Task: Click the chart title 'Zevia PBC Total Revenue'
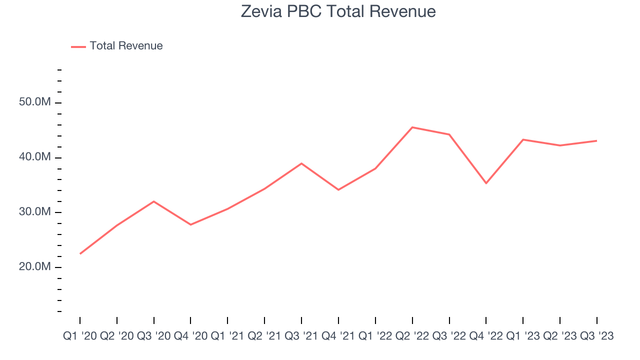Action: [338, 11]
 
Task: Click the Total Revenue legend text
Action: [126, 46]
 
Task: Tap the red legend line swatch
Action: [78, 46]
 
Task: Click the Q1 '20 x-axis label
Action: [80, 336]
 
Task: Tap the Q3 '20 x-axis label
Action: [154, 336]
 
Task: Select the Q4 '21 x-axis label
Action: [338, 336]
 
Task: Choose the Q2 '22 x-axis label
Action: [412, 336]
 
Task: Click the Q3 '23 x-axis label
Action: [596, 336]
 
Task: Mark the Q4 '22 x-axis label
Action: [486, 336]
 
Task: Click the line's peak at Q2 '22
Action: [412, 127]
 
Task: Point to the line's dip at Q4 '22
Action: [486, 183]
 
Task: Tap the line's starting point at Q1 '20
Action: [80, 253]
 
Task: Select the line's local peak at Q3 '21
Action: [301, 163]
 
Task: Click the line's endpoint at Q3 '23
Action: [596, 140]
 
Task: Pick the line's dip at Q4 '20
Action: [190, 224]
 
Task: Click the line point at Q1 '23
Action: [523, 139]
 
